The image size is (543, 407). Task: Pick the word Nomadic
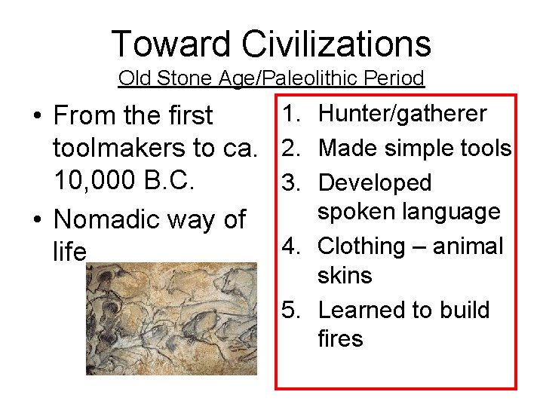[x=110, y=219]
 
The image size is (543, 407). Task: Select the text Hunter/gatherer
[x=403, y=115]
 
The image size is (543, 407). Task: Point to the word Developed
[x=375, y=182]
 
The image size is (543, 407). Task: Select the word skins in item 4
[x=345, y=276]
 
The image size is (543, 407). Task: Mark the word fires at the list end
[x=341, y=339]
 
